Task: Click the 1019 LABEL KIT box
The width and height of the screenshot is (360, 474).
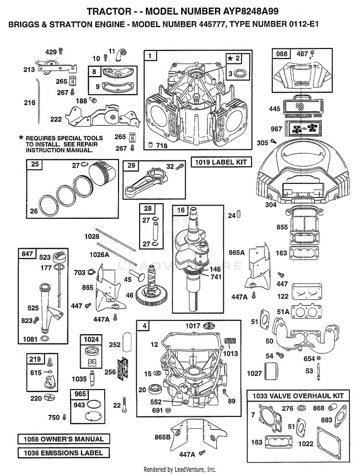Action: tap(221, 162)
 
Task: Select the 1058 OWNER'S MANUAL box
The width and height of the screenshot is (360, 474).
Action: tap(63, 439)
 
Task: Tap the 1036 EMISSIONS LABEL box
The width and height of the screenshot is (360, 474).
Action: tap(63, 453)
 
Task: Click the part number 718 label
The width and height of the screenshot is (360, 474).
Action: tap(162, 146)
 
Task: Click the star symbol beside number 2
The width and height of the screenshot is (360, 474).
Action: tap(230, 58)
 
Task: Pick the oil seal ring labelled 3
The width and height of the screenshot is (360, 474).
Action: tap(241, 73)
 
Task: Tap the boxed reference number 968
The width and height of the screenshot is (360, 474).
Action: tap(282, 54)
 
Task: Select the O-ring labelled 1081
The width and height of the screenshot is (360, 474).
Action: tap(45, 338)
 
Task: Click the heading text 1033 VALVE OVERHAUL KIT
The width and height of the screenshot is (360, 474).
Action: tap(298, 396)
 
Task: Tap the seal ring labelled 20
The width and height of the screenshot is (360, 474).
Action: tap(155, 389)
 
